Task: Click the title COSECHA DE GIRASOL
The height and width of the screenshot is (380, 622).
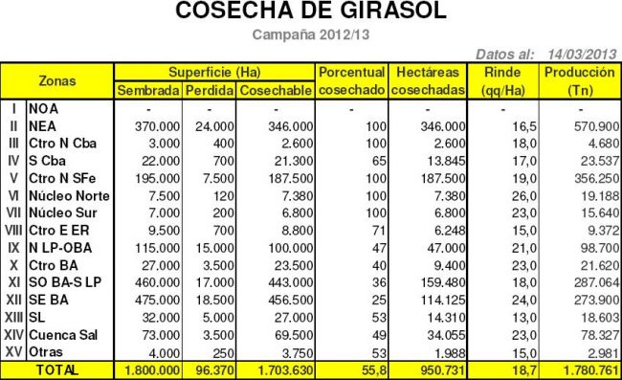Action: [x=311, y=12]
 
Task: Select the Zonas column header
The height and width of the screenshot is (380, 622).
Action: [x=57, y=80]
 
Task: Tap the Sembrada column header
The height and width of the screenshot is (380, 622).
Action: [x=146, y=90]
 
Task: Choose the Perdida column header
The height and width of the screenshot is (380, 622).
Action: [x=208, y=90]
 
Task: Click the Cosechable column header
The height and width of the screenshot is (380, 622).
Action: [x=275, y=90]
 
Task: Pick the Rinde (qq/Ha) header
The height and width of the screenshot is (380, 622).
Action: [x=503, y=80]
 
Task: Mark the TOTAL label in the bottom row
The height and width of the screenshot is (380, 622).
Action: [x=57, y=369]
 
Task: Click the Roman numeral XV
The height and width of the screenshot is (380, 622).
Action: [x=13, y=351]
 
